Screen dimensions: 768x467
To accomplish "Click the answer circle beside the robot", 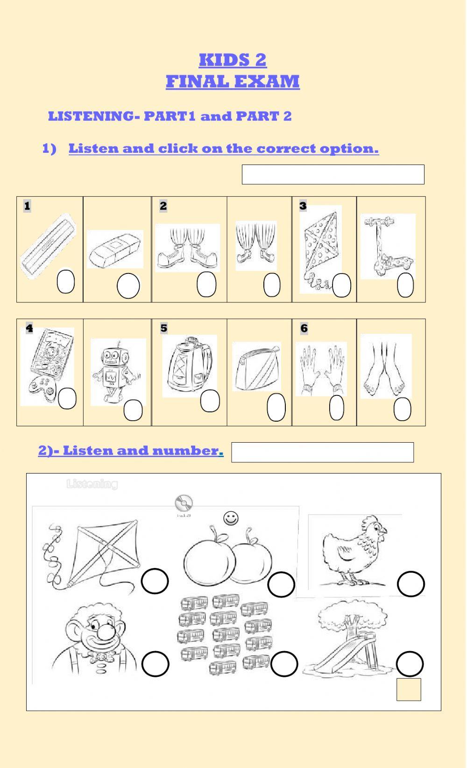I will pos(133,410).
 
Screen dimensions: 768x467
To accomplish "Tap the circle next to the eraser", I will pos(128,286).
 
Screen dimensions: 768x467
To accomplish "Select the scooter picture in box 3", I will pos(388,246).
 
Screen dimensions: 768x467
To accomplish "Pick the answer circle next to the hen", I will pos(410,583).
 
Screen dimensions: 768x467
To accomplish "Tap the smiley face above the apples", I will pos(231,518).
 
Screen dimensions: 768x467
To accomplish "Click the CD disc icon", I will pos(184,503).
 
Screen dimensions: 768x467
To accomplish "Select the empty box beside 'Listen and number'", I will pos(322,452).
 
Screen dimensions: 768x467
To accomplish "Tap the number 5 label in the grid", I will pos(163,328).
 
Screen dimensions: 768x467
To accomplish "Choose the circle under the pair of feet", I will pos(402,409).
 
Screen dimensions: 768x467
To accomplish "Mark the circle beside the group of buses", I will pos(284,664).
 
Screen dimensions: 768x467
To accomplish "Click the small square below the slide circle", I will pos(409,689).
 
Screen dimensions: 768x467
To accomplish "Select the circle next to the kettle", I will pos(210,401).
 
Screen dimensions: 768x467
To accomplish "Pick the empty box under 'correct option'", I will pos(333,174).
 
